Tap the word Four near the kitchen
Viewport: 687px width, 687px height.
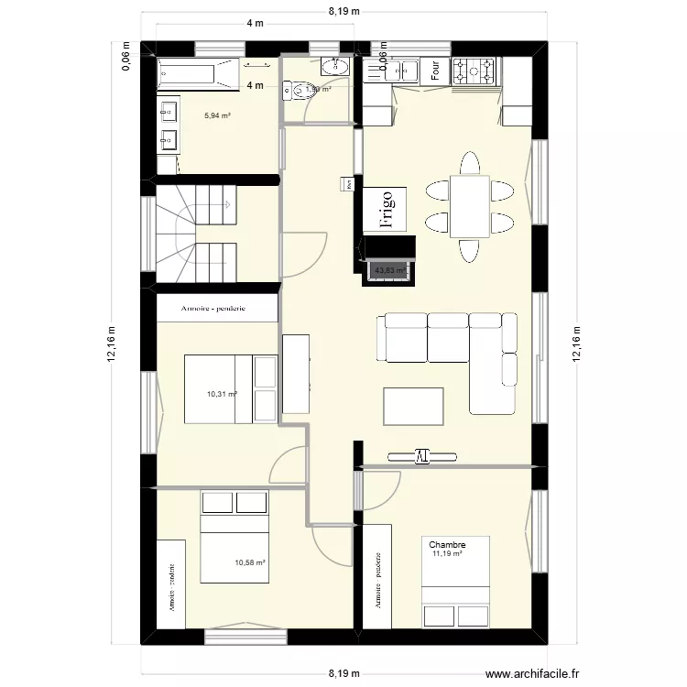click(x=436, y=71)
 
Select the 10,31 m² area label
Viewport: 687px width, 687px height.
click(x=222, y=394)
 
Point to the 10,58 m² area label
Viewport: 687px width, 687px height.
click(x=249, y=563)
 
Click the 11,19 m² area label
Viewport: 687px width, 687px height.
click(x=447, y=553)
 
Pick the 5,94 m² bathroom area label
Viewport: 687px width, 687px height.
click(x=217, y=115)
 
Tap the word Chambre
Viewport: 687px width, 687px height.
click(x=447, y=544)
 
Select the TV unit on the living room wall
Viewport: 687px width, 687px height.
click(x=421, y=454)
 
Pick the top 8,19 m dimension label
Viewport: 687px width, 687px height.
click(x=344, y=12)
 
